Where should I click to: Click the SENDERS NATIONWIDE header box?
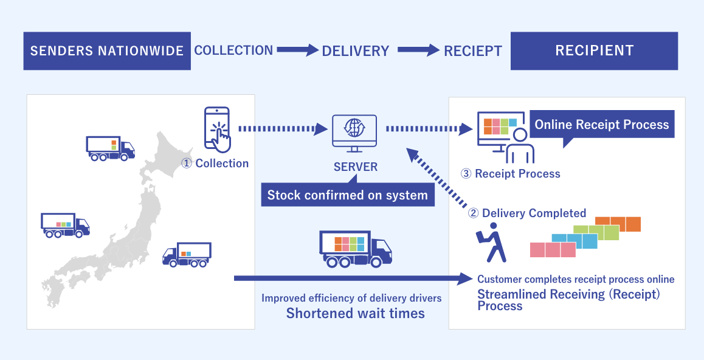[107, 50]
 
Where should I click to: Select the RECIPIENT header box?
[594, 50]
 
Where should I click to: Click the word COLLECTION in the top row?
[233, 50]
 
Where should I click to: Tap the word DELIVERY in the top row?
[355, 51]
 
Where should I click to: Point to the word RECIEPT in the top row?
[473, 51]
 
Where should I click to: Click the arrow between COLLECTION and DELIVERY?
[298, 50]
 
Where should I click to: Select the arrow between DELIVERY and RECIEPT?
[416, 50]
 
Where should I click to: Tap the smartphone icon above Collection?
[218, 130]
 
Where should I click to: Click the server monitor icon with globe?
[354, 131]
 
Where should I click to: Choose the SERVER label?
[355, 167]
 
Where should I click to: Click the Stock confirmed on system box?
[348, 195]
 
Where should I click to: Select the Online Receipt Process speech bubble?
[601, 125]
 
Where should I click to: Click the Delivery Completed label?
[526, 213]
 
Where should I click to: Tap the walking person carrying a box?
[491, 242]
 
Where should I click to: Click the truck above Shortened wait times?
[355, 249]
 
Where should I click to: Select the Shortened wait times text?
[355, 313]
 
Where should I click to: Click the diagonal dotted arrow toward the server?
[439, 178]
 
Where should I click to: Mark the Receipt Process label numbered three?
[511, 174]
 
